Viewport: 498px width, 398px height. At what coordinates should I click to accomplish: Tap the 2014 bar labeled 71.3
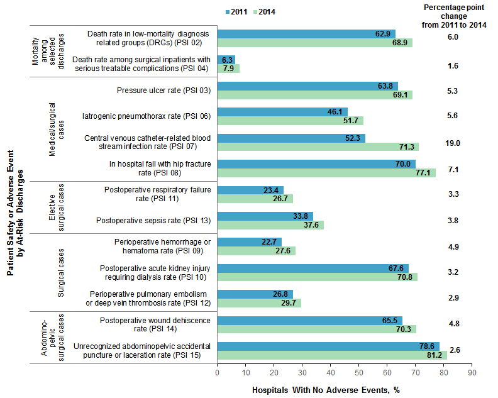click(318, 146)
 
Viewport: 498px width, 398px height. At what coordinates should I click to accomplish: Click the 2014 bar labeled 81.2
click(332, 355)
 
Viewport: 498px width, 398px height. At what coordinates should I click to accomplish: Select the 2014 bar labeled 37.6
click(270, 224)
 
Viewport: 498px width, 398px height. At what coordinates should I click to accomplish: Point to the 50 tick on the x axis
click(358, 373)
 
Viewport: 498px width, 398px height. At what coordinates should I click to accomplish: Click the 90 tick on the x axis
click(472, 373)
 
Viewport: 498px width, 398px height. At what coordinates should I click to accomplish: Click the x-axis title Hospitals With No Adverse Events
click(326, 390)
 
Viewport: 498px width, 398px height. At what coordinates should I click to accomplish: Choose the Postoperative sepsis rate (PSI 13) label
click(153, 221)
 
